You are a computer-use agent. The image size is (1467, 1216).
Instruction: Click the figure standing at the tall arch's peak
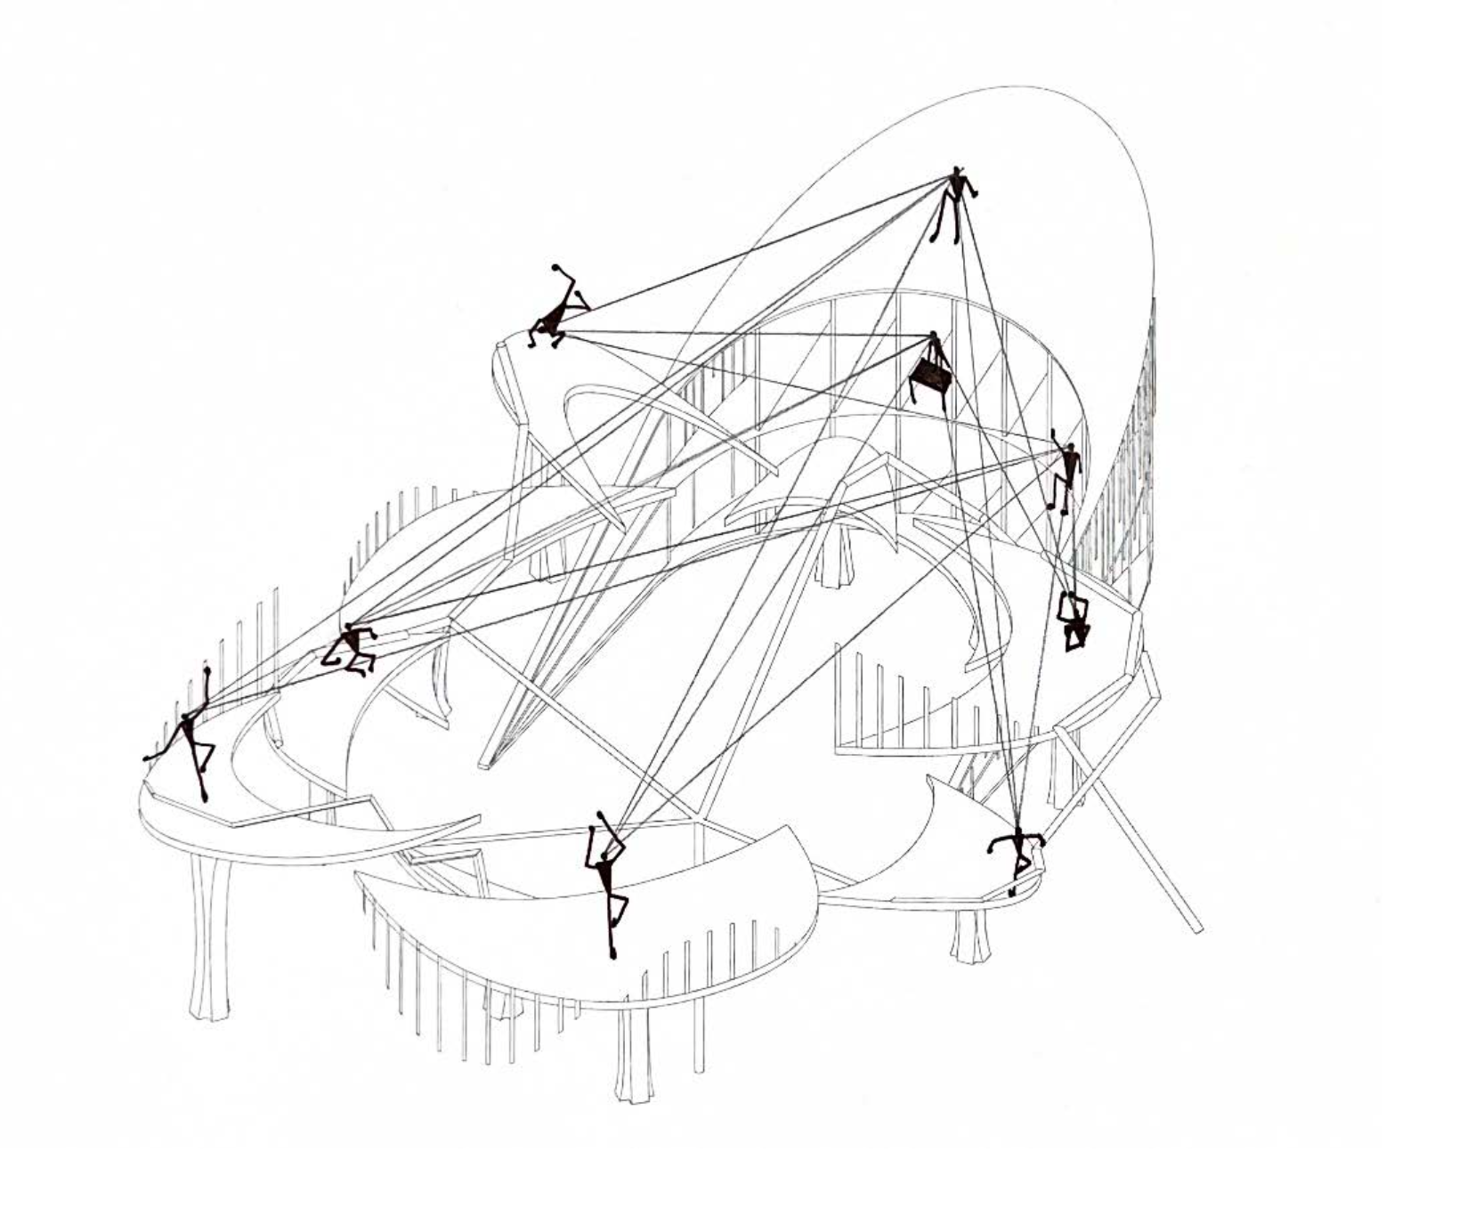(955, 203)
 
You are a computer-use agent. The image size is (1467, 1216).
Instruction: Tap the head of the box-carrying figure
(933, 337)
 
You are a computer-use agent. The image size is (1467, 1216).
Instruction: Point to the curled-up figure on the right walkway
(1074, 620)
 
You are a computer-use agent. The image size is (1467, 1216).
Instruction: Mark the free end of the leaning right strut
(1198, 929)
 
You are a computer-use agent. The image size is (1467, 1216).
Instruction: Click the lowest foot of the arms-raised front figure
(613, 955)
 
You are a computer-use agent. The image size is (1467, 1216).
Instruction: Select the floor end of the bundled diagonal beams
(485, 763)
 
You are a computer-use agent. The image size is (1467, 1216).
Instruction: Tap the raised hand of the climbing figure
(1054, 434)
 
